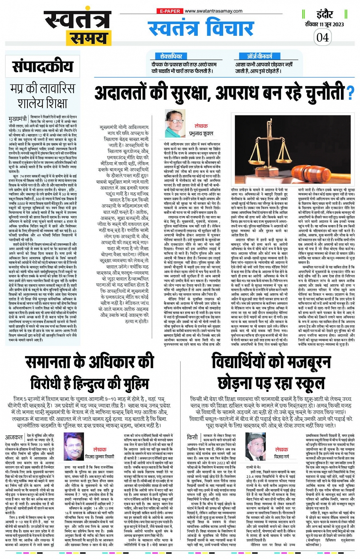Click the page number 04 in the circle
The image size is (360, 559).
click(322, 37)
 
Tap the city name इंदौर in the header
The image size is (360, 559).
click(324, 14)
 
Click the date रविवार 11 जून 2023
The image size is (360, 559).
click(324, 24)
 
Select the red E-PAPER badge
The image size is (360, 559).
click(170, 11)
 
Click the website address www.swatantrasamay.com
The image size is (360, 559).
click(213, 11)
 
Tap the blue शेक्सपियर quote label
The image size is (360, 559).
click(171, 56)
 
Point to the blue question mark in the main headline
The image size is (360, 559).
click(350, 93)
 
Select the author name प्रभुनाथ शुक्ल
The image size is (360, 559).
click(201, 134)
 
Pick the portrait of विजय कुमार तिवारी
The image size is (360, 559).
click(74, 446)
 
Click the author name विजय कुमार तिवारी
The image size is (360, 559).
click(100, 457)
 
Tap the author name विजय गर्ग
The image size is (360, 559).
click(282, 457)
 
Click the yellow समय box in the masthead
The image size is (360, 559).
click(86, 38)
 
